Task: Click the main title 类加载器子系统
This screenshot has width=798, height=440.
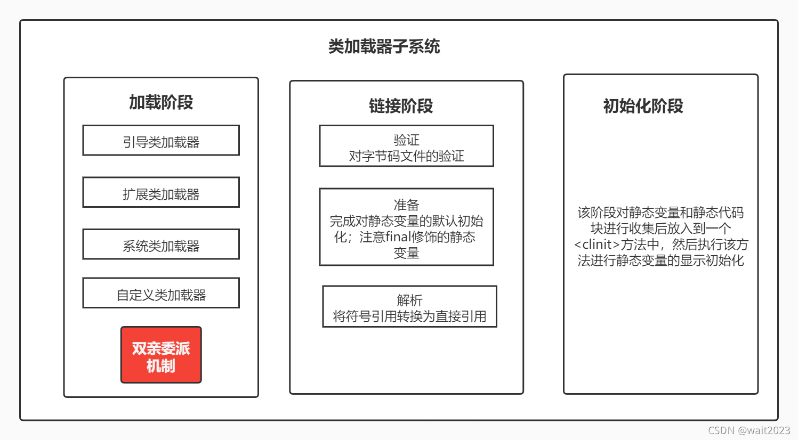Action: [x=384, y=47]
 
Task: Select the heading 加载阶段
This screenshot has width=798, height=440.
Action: [x=161, y=102]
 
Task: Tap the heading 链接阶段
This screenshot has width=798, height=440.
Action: [x=401, y=106]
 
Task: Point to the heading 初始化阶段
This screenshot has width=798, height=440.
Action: [x=643, y=106]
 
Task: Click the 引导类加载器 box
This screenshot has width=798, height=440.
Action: [x=161, y=141]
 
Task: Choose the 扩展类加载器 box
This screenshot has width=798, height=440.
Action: [x=161, y=193]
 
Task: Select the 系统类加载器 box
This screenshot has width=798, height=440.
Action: [x=161, y=245]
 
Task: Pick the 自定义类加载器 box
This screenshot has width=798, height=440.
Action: [x=161, y=294]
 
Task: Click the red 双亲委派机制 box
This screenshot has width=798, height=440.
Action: [x=161, y=355]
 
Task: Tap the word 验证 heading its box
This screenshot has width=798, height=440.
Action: [x=406, y=140]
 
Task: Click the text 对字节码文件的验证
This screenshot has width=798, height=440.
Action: [x=406, y=156]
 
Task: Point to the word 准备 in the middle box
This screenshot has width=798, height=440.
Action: [x=406, y=205]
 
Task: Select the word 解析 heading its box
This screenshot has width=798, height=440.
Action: [x=409, y=300]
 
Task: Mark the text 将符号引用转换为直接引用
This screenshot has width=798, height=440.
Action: [x=409, y=316]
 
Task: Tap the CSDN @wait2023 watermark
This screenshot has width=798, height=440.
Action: [x=749, y=430]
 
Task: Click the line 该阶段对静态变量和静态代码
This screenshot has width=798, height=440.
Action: [x=660, y=213]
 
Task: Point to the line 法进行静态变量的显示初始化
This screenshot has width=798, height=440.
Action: [x=660, y=260]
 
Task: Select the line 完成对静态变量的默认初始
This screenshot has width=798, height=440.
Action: [x=406, y=221]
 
